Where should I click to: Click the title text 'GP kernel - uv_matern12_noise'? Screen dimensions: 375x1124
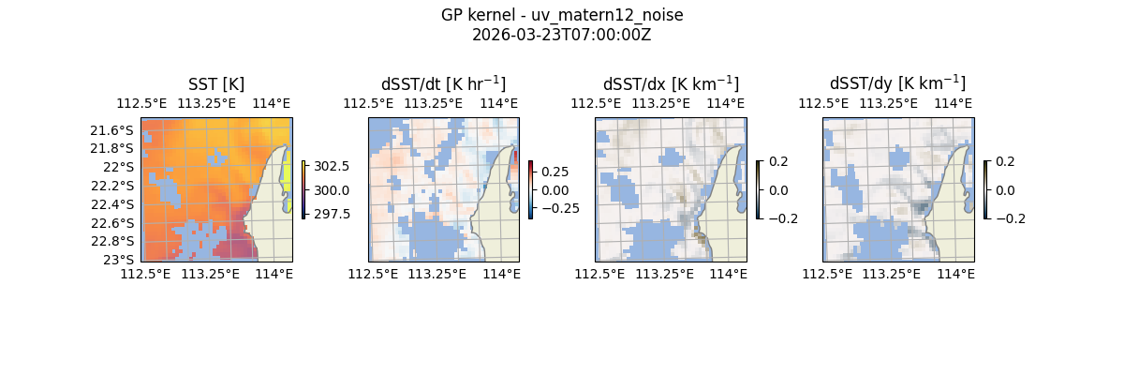click(562, 15)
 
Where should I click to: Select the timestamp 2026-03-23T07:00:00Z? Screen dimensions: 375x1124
click(562, 35)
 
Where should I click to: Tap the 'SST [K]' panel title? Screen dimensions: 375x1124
click(216, 83)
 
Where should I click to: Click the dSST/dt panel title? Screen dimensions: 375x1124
click(443, 83)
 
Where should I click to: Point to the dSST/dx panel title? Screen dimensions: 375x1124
click(671, 83)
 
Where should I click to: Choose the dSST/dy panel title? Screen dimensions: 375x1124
click(897, 83)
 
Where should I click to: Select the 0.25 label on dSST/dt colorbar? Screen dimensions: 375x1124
click(555, 172)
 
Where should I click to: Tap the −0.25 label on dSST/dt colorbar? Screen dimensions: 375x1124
click(559, 208)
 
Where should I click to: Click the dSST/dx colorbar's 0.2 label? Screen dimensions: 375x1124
click(778, 161)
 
